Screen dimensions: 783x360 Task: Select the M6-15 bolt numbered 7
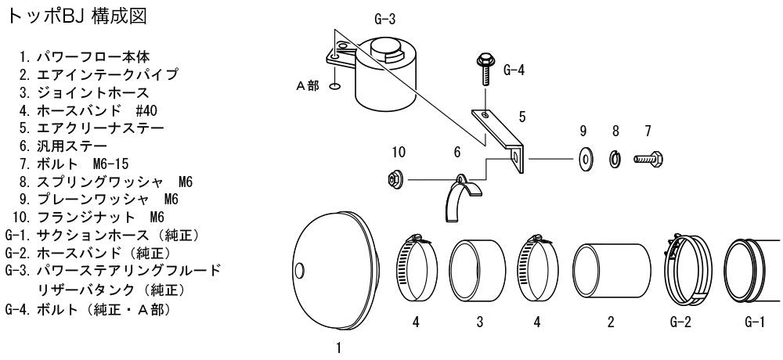point(648,160)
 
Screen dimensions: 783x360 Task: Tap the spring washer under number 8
point(615,160)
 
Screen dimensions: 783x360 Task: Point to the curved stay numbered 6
point(460,197)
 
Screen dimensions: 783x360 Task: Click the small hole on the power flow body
point(299,270)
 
